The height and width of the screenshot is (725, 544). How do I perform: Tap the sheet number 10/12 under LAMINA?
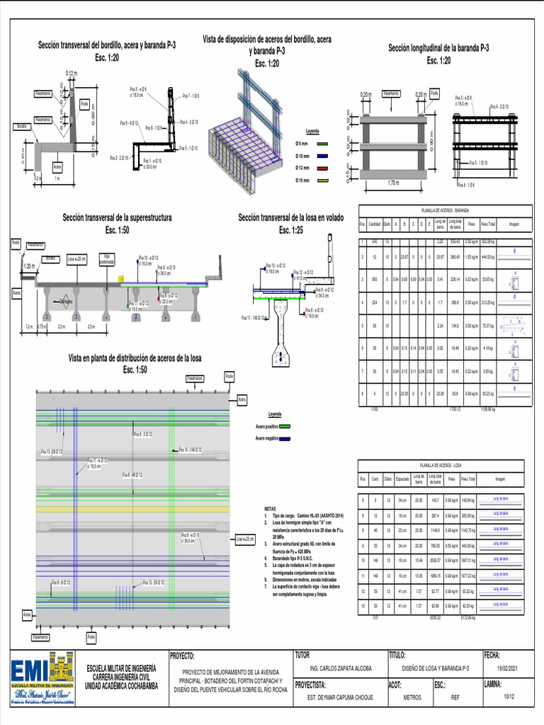pyautogui.click(x=509, y=697)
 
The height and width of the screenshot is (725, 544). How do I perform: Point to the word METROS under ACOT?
pyautogui.click(x=412, y=697)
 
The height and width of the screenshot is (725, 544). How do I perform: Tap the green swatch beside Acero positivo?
pyautogui.click(x=285, y=427)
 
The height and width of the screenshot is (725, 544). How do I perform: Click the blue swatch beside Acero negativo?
pyautogui.click(x=285, y=439)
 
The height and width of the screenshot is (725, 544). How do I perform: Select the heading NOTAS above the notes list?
pyautogui.click(x=269, y=509)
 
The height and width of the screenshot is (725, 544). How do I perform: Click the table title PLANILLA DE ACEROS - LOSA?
pyautogui.click(x=441, y=465)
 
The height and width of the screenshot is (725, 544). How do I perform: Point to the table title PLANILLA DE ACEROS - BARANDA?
pyautogui.click(x=445, y=210)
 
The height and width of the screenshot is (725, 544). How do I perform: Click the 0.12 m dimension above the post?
pyautogui.click(x=72, y=74)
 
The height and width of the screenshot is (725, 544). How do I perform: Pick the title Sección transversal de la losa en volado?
pyautogui.click(x=290, y=218)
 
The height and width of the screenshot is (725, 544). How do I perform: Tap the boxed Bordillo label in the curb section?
pyautogui.click(x=21, y=127)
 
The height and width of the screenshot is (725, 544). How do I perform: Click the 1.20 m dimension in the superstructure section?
pyautogui.click(x=29, y=266)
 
